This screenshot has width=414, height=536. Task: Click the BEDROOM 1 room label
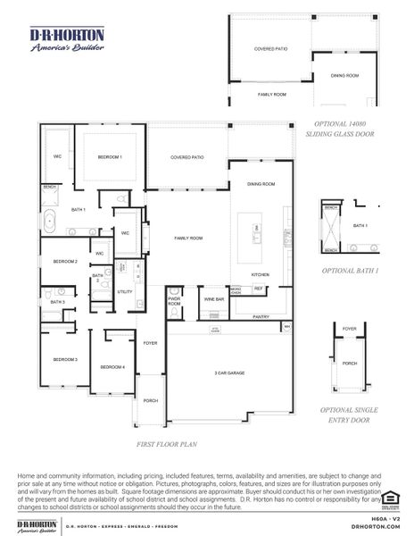[x=110, y=157]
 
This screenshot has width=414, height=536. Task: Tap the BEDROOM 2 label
[x=65, y=262]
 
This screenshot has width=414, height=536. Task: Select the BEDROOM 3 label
[x=65, y=359]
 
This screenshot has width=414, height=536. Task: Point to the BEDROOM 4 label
[x=112, y=367]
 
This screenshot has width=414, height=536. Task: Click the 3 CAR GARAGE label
[x=229, y=373]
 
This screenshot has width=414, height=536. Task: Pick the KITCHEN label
[x=260, y=274]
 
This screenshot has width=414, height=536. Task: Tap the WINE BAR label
[x=213, y=298]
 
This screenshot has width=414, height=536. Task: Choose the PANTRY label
[x=261, y=316]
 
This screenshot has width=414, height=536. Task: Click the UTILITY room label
[x=125, y=291]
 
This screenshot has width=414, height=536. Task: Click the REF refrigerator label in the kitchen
[x=259, y=289]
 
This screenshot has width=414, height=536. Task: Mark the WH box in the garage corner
[x=286, y=328]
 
